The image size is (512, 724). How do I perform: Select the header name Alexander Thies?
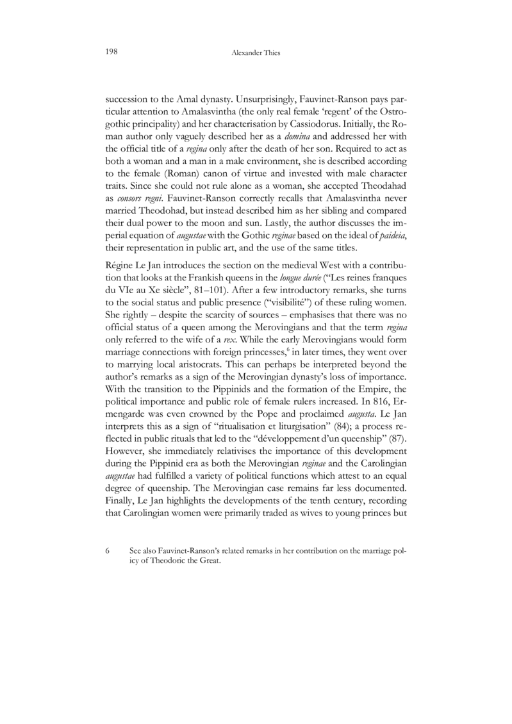tap(256, 54)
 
